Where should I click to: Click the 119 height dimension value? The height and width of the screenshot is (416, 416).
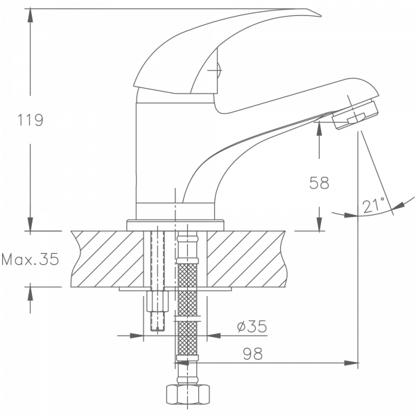click(31, 121)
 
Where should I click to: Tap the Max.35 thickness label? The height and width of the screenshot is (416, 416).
click(30, 261)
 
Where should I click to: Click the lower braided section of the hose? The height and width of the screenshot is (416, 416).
click(186, 340)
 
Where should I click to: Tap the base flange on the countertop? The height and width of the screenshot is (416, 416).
click(177, 223)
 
